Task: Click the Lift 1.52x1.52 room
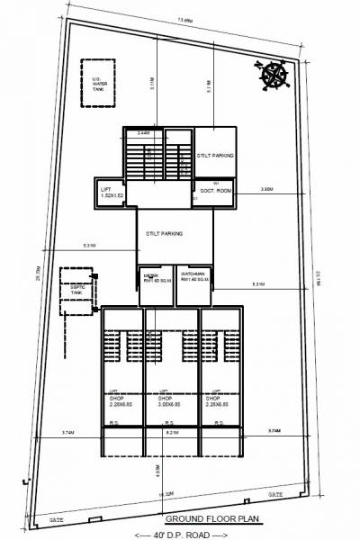pyautogui.click(x=112, y=192)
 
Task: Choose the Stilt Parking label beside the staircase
pyautogui.click(x=215, y=156)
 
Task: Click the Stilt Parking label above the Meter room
pyautogui.click(x=164, y=234)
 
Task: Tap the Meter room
pyautogui.click(x=149, y=279)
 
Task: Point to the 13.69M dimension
pyautogui.click(x=184, y=19)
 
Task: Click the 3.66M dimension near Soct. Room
pyautogui.click(x=267, y=189)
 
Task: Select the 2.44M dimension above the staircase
pyautogui.click(x=143, y=133)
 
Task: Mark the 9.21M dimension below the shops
pyautogui.click(x=171, y=433)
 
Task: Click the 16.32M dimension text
pyautogui.click(x=166, y=494)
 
